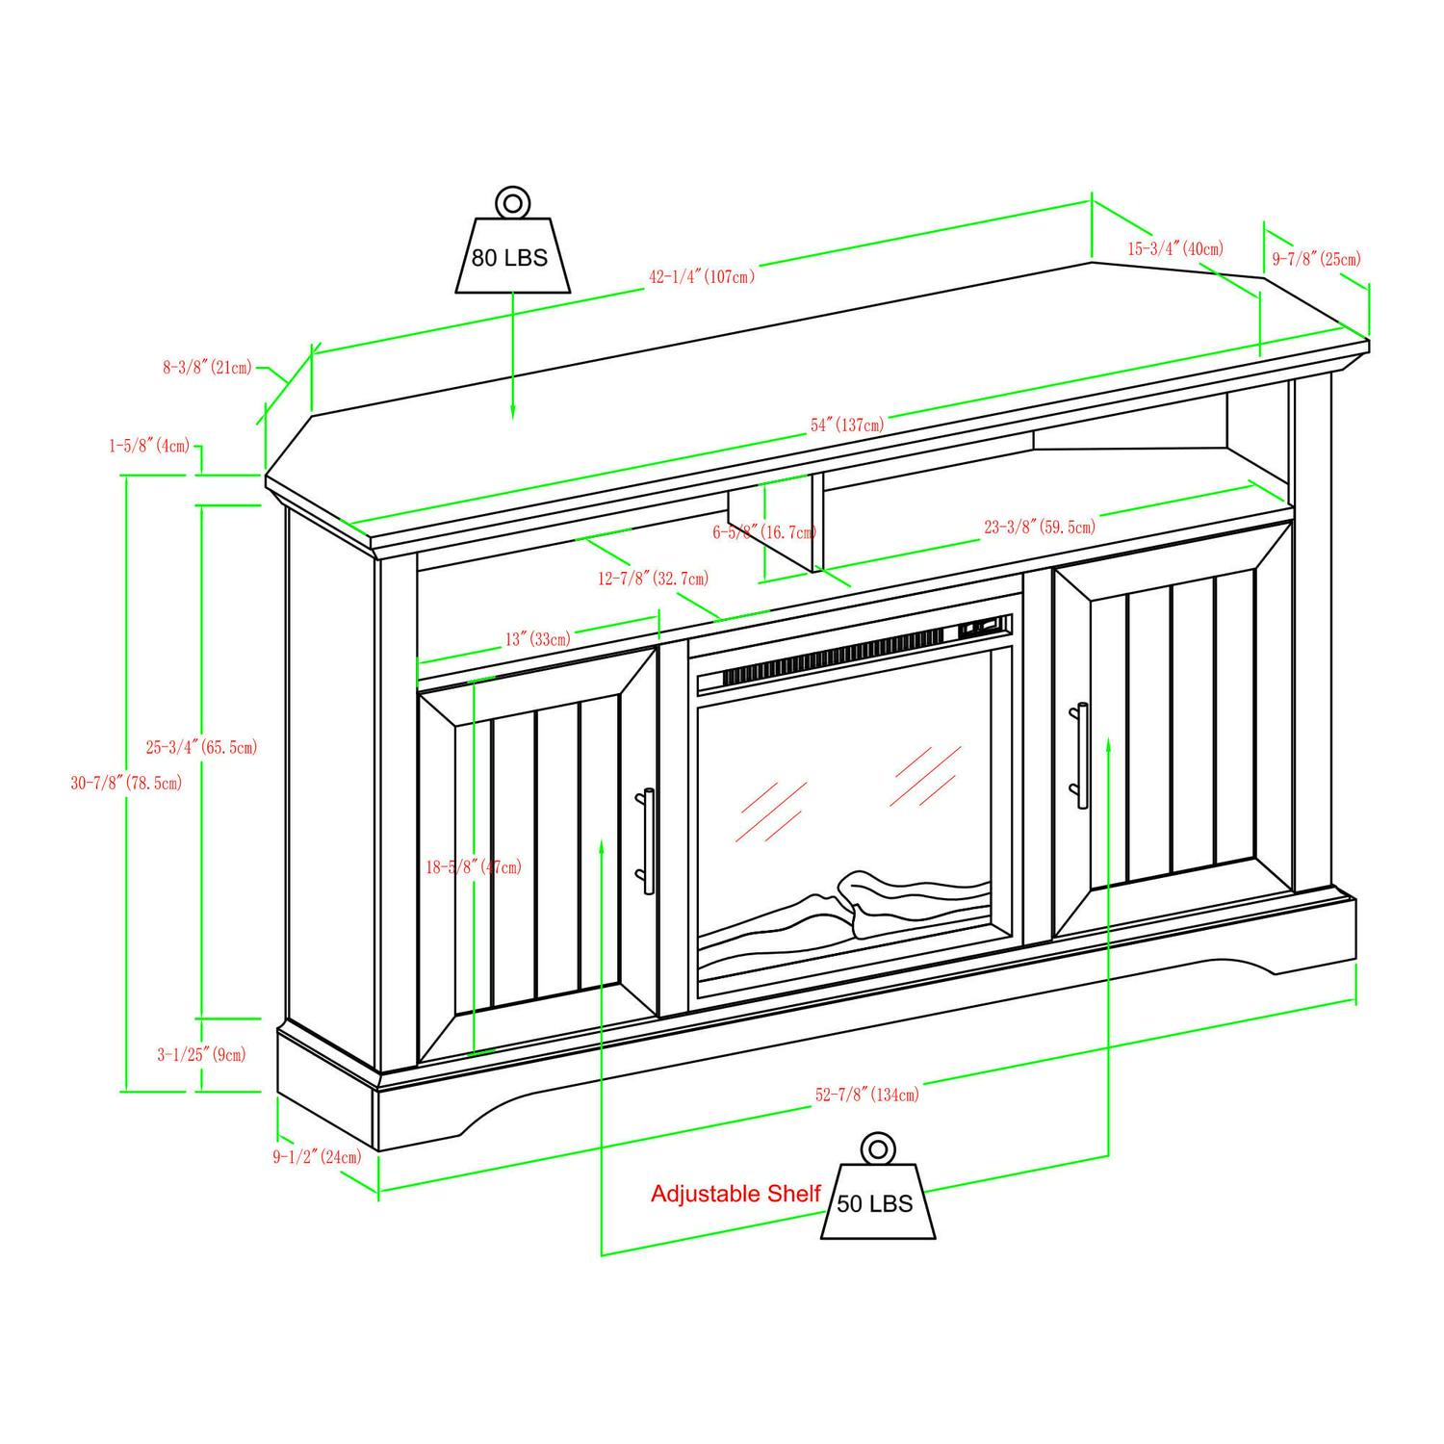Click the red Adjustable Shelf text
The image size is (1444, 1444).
tap(735, 1194)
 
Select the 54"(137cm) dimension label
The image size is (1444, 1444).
tap(847, 425)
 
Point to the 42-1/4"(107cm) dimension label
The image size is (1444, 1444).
tap(702, 276)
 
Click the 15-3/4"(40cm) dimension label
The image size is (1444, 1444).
tap(1175, 248)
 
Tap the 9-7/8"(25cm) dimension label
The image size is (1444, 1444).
tap(1317, 258)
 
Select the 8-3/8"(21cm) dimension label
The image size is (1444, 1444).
tap(207, 367)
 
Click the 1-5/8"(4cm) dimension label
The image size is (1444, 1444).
tap(149, 446)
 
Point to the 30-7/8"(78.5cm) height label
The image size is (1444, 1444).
tap(126, 783)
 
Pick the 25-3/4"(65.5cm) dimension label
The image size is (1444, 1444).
tap(202, 746)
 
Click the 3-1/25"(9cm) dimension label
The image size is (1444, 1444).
tap(201, 1054)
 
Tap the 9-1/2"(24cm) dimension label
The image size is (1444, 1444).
tap(317, 1156)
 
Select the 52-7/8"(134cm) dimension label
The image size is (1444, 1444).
tap(867, 1095)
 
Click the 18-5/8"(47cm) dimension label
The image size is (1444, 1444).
tap(474, 866)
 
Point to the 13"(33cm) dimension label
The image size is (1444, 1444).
tap(537, 638)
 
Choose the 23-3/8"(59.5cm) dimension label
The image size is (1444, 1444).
tap(1040, 527)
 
